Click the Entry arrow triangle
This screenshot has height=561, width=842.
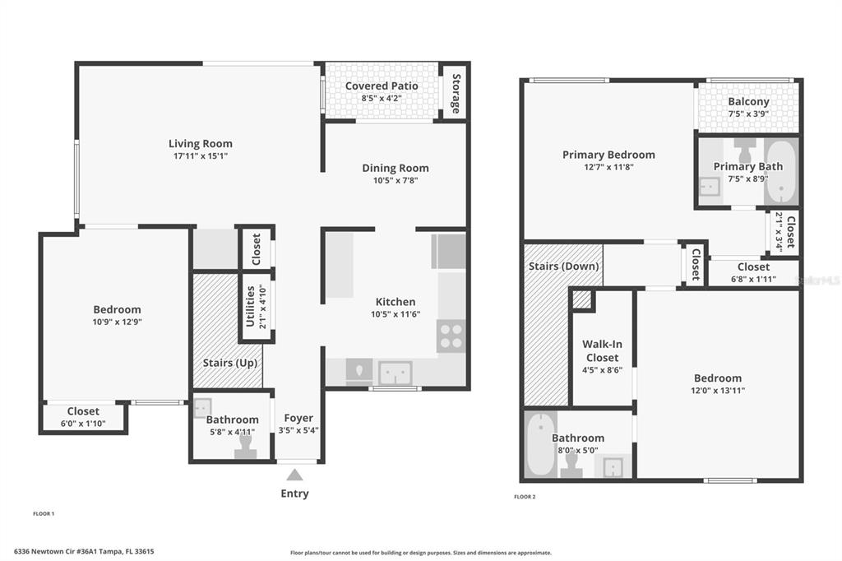[x=294, y=475]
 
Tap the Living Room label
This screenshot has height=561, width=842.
[x=201, y=143]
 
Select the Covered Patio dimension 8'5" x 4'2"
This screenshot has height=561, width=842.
[x=382, y=99]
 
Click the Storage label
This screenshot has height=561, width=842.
[x=456, y=94]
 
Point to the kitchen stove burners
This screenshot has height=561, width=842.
[x=451, y=336]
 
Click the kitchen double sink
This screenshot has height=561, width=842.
[x=396, y=373]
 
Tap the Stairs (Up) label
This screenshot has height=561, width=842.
[x=230, y=363]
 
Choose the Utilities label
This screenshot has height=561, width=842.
[x=250, y=306]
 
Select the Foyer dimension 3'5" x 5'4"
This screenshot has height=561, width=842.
[x=298, y=430]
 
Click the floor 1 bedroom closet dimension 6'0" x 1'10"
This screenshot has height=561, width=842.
[x=83, y=424]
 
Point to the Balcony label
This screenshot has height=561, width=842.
[x=748, y=101]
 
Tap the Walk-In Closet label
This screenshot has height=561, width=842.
[x=602, y=351]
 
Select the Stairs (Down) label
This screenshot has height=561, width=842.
[x=563, y=266]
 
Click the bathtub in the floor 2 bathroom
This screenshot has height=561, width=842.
[x=540, y=444]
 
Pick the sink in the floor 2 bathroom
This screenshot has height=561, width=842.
[x=613, y=467]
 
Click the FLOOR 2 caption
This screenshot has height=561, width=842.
[x=525, y=497]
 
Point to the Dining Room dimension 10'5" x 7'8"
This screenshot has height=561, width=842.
[x=396, y=180]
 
